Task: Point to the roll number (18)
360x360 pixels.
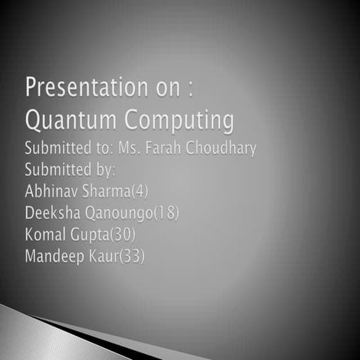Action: tap(166, 213)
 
